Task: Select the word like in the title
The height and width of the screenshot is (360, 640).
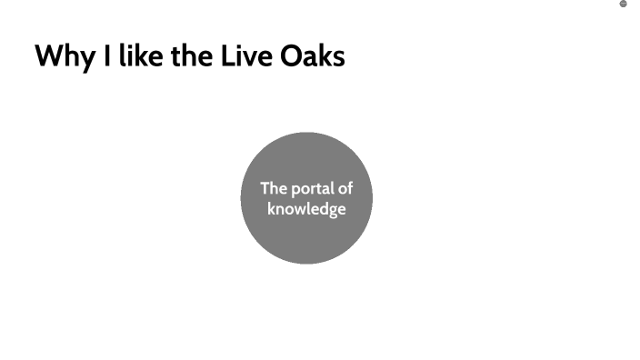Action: [136, 56]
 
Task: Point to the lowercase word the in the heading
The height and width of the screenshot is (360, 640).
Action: [188, 56]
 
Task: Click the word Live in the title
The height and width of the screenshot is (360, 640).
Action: [243, 56]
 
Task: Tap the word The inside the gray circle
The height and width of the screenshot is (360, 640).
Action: [274, 189]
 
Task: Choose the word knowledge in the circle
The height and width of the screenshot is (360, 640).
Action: [306, 209]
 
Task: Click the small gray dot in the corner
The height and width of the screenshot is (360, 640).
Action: [624, 4]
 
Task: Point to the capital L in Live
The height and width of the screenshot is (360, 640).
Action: [227, 56]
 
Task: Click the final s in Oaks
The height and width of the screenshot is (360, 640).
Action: [338, 58]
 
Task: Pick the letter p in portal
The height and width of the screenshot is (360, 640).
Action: [295, 191]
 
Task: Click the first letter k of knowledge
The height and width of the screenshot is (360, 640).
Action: [271, 208]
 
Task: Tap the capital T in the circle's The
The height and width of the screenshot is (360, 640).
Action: [265, 189]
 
